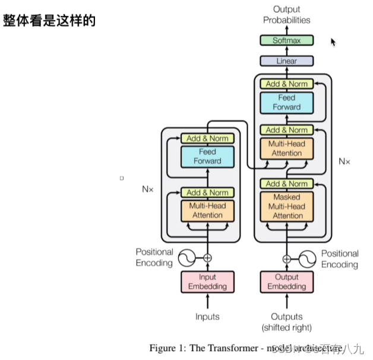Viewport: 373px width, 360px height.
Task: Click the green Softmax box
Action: tap(286, 40)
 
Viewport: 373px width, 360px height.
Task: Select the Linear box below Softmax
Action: tap(286, 61)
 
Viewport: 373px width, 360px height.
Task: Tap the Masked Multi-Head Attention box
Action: tap(287, 206)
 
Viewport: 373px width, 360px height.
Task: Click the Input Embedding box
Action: tap(207, 282)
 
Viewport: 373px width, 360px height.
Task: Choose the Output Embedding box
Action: tap(287, 282)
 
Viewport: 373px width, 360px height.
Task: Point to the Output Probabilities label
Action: tap(286, 14)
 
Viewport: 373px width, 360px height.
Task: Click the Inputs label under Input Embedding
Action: tap(207, 317)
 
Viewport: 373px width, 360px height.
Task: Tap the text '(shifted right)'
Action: tap(287, 327)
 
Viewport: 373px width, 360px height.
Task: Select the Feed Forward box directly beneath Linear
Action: tap(287, 102)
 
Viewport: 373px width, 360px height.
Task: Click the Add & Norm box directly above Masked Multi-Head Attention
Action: tap(287, 184)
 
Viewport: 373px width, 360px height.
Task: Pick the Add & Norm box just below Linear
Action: tap(287, 84)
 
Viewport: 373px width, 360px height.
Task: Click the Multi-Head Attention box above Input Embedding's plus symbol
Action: tap(207, 210)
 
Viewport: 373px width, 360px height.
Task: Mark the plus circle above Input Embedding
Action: tap(207, 258)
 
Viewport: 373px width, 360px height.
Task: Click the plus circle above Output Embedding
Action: tap(287, 258)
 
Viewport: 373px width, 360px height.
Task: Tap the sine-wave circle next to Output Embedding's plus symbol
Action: tap(307, 258)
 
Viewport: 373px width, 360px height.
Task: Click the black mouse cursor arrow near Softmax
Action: tap(333, 42)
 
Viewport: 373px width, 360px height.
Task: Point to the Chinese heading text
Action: tap(49, 21)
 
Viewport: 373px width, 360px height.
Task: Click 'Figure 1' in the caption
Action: tap(167, 348)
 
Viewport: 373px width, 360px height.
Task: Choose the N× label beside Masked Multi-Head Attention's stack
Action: tap(344, 161)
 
